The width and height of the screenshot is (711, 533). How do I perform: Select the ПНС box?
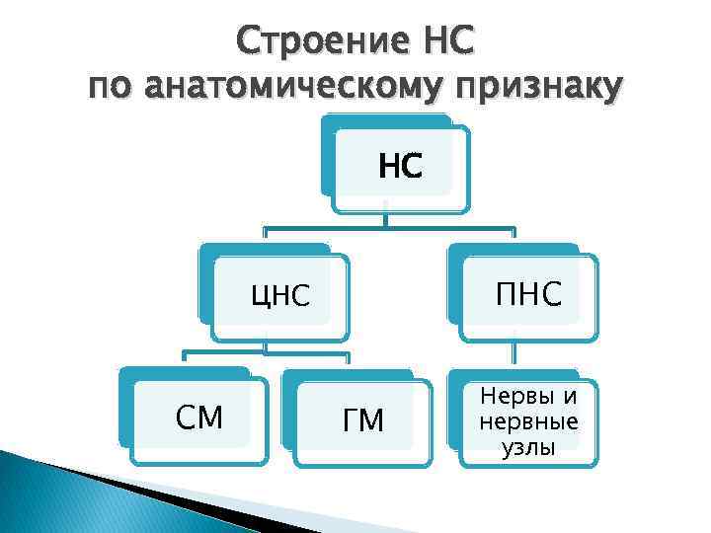[524, 290]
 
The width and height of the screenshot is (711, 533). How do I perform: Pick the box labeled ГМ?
[362, 420]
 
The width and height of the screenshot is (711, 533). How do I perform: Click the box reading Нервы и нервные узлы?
[526, 420]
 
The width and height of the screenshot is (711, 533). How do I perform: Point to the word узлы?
[528, 447]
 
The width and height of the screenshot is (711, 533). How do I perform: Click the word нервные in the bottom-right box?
[528, 422]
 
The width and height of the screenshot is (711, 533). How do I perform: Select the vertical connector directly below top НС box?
[386, 221]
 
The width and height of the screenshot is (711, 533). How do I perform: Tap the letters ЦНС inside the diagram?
[281, 295]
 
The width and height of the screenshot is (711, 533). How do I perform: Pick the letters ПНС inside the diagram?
[527, 292]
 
